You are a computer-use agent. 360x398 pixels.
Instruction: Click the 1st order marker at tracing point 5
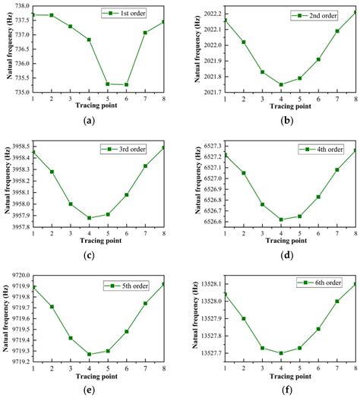[x=107, y=84]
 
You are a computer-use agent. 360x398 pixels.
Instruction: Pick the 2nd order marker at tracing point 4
[x=281, y=84]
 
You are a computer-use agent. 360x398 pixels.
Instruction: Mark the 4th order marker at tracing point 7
[x=336, y=169]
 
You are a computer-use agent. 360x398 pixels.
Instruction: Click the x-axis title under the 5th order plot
[x=98, y=373]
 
